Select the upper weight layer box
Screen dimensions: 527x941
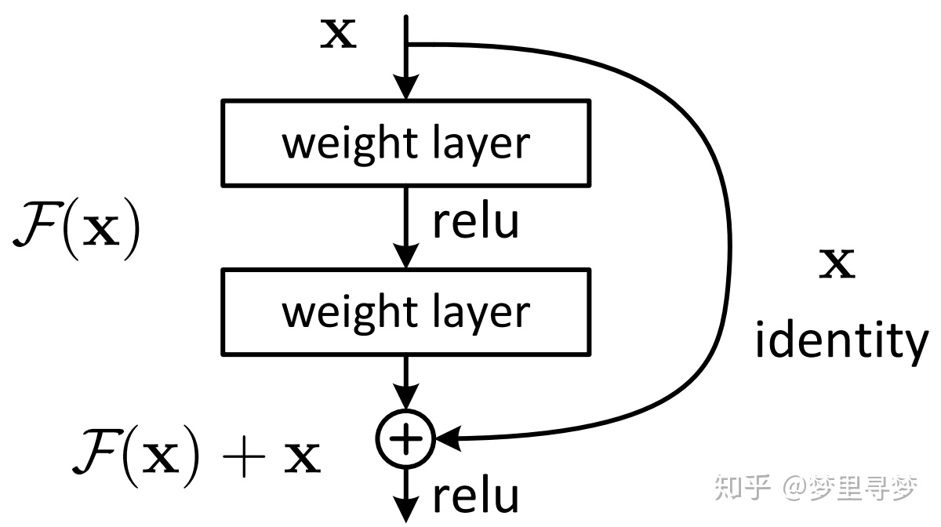[x=405, y=143]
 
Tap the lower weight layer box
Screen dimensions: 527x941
[x=405, y=311]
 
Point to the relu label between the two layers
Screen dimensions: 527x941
[x=475, y=221]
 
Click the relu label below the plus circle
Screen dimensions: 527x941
[x=475, y=496]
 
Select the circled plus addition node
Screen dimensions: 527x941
[x=405, y=438]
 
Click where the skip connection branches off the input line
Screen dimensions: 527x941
[x=406, y=44]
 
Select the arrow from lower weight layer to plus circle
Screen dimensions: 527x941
[x=405, y=380]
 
